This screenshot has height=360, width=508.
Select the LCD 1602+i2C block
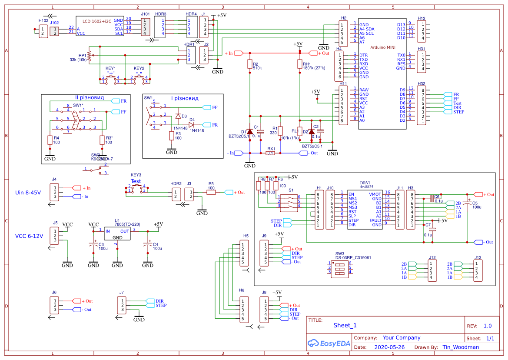(100, 27)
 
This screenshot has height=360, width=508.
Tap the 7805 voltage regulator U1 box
(117, 234)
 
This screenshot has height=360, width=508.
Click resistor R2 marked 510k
(249, 64)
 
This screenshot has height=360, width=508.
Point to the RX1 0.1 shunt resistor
(271, 153)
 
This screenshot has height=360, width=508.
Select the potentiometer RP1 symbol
(89, 56)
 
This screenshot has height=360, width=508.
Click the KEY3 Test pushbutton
(136, 189)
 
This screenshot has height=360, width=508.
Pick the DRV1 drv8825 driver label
(365, 185)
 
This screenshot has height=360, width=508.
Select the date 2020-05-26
(389, 347)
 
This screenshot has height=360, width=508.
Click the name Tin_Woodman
(461, 347)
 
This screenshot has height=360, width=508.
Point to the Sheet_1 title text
(345, 325)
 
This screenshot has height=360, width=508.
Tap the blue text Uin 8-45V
(28, 192)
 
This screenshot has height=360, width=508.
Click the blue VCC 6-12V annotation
(30, 236)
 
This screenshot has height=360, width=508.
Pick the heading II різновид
(89, 98)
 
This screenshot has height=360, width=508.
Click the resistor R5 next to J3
(211, 192)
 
